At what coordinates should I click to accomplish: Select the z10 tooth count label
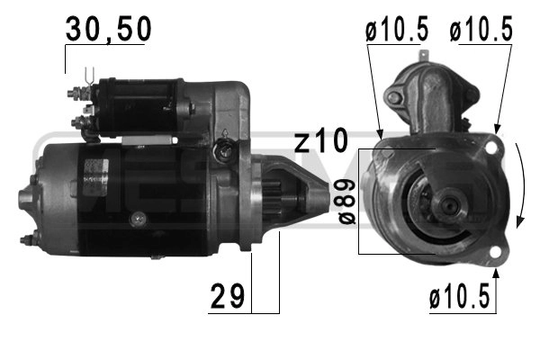321,141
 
